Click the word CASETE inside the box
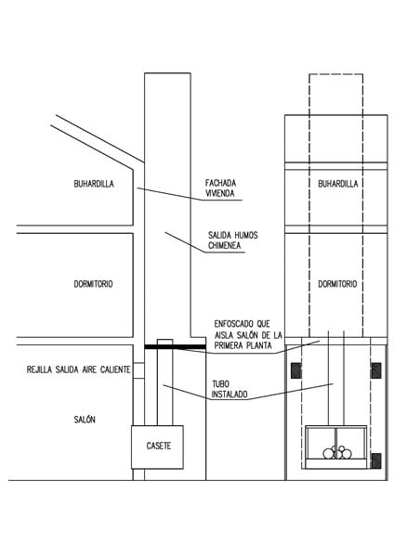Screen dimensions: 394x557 click(x=159, y=446)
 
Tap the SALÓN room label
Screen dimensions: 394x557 click(x=85, y=420)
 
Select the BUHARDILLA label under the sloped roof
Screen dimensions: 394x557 click(x=94, y=184)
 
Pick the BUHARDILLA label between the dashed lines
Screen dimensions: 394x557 click(x=338, y=184)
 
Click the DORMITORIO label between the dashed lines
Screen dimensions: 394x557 click(x=337, y=284)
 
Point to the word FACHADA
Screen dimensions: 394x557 click(x=220, y=183)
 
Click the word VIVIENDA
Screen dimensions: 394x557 click(x=219, y=193)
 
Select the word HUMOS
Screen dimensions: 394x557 click(x=245, y=235)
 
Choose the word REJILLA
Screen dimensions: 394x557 click(x=39, y=369)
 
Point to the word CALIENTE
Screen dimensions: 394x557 click(x=115, y=369)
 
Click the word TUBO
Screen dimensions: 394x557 click(x=220, y=383)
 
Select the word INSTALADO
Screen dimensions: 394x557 click(x=230, y=394)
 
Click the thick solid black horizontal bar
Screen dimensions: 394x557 click(x=175, y=346)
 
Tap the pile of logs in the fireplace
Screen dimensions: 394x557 click(x=336, y=452)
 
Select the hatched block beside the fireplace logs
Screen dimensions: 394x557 click(x=376, y=460)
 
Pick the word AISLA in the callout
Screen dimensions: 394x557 click(x=224, y=334)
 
